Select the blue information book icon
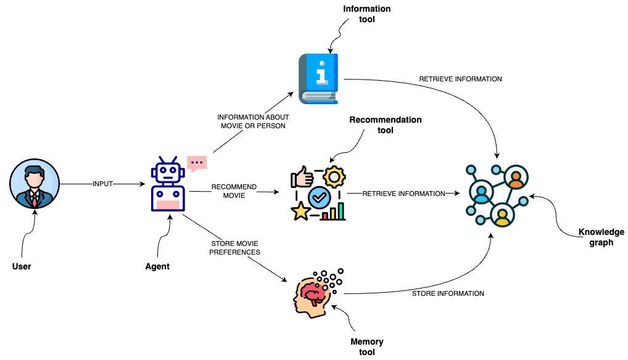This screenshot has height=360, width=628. click(319, 78)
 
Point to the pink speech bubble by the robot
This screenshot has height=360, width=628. click(197, 163)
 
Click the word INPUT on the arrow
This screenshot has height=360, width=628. click(102, 184)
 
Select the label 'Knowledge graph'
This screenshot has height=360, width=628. click(601, 237)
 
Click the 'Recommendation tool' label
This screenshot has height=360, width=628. click(385, 125)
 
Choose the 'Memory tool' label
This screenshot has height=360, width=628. click(366, 347)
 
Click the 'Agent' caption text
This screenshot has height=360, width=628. click(157, 266)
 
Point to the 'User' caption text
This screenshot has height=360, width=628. click(22, 266)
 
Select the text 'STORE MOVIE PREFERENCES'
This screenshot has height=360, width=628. click(234, 247)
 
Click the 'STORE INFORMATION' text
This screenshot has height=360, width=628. click(447, 293)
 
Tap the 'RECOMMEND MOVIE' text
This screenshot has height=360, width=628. click(234, 191)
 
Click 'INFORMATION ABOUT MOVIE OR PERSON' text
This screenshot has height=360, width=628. click(253, 121)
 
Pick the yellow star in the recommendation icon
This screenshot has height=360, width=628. click(301, 212)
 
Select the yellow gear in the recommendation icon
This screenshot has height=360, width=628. click(334, 178)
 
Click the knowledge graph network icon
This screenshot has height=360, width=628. click(497, 193)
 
